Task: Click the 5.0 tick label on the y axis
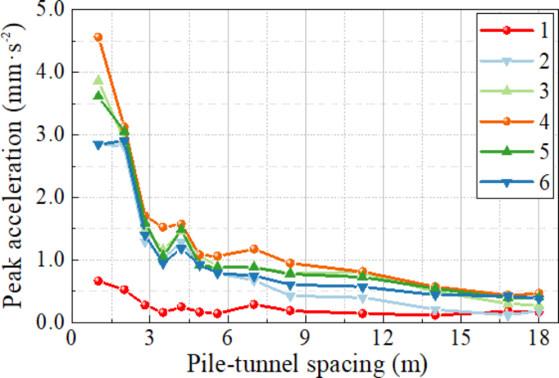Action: (x=48, y=11)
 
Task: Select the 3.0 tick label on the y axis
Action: (x=48, y=135)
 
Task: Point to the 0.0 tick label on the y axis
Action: (x=48, y=322)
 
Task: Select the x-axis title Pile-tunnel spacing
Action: (x=305, y=362)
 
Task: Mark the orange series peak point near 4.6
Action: (x=98, y=37)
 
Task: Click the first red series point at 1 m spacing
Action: (x=98, y=281)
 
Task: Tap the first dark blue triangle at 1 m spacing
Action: (x=98, y=145)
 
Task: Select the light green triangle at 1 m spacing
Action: (x=98, y=80)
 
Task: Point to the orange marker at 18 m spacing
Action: (x=538, y=293)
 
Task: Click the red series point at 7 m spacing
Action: (x=254, y=304)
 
